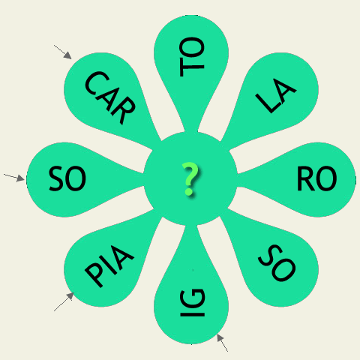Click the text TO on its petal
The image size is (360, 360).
(192, 57)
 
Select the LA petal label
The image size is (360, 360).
(276, 96)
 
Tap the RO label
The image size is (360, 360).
(316, 178)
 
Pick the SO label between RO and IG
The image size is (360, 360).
(277, 263)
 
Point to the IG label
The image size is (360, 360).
(193, 303)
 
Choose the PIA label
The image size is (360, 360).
(109, 266)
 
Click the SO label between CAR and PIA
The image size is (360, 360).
(67, 178)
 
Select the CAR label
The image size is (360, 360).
(110, 97)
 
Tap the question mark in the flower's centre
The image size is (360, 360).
(190, 178)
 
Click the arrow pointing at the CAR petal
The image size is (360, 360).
(63, 52)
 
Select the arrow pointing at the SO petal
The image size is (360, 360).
(14, 177)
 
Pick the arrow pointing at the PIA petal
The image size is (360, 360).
(64, 301)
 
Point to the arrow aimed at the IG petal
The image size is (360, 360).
(222, 343)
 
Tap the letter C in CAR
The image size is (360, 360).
(97, 83)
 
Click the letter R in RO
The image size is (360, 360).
(305, 178)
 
